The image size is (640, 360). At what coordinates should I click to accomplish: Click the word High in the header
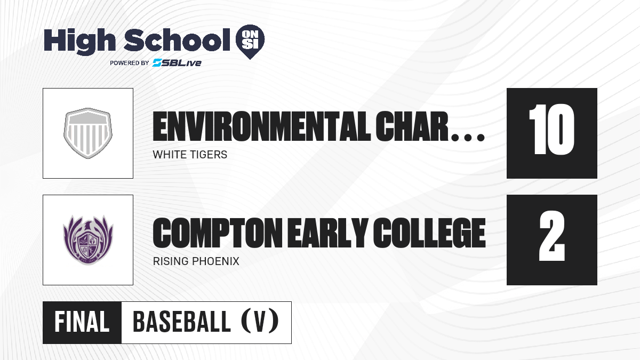click(x=79, y=41)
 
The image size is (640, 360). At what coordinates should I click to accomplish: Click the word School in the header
click(x=177, y=39)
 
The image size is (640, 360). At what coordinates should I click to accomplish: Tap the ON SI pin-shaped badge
click(x=250, y=42)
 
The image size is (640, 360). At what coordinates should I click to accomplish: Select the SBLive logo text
click(x=177, y=63)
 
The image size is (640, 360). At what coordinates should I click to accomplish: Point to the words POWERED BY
click(x=130, y=63)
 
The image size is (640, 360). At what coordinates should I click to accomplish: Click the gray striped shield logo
click(x=88, y=133)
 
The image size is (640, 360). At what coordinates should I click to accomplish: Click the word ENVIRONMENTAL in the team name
click(x=261, y=126)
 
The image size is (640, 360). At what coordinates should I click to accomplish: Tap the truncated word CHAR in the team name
click(x=412, y=126)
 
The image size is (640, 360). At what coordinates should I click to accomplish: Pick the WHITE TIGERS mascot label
click(x=190, y=155)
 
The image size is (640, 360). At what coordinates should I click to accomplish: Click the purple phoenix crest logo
click(x=88, y=240)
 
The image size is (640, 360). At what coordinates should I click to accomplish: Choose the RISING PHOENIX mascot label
click(x=196, y=261)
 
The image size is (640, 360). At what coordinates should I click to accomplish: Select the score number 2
click(x=552, y=236)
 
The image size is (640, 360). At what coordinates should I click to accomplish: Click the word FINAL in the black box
click(x=82, y=322)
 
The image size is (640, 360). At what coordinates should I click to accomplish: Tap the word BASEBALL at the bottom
click(x=182, y=322)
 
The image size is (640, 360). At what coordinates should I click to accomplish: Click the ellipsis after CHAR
click(x=468, y=138)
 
